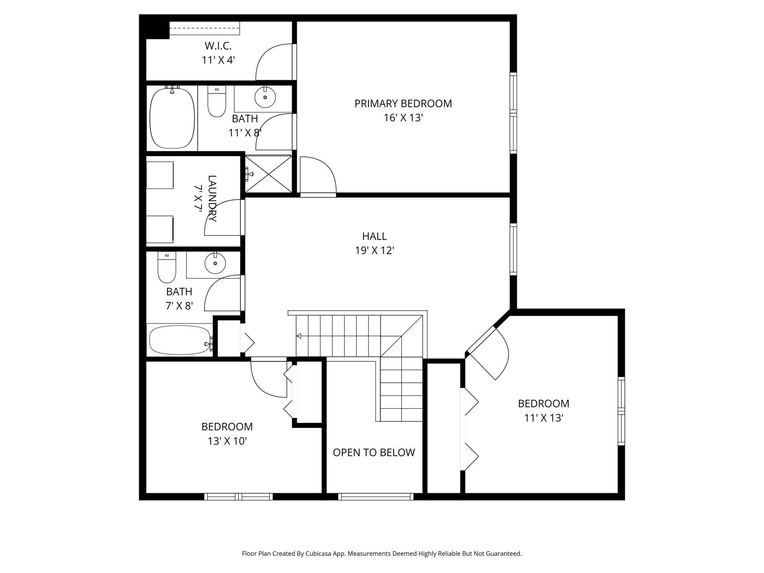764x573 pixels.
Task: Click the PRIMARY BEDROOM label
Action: (403, 104)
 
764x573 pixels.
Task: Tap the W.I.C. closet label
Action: (218, 46)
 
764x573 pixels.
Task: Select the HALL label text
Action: (374, 236)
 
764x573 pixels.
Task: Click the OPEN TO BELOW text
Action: (374, 453)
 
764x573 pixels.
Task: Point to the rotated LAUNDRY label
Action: (212, 198)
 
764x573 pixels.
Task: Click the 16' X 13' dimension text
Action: (403, 118)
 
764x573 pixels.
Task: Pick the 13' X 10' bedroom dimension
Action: (227, 441)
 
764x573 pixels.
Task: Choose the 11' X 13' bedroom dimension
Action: (544, 418)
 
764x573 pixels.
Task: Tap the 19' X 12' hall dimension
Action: (374, 251)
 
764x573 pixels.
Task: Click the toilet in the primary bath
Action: (217, 101)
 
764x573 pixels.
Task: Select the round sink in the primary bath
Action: (265, 97)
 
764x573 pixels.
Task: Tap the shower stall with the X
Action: (269, 174)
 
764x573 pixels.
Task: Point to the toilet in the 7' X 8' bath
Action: (167, 267)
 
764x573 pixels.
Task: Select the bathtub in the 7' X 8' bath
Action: (180, 340)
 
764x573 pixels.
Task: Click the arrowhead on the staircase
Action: (299, 336)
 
